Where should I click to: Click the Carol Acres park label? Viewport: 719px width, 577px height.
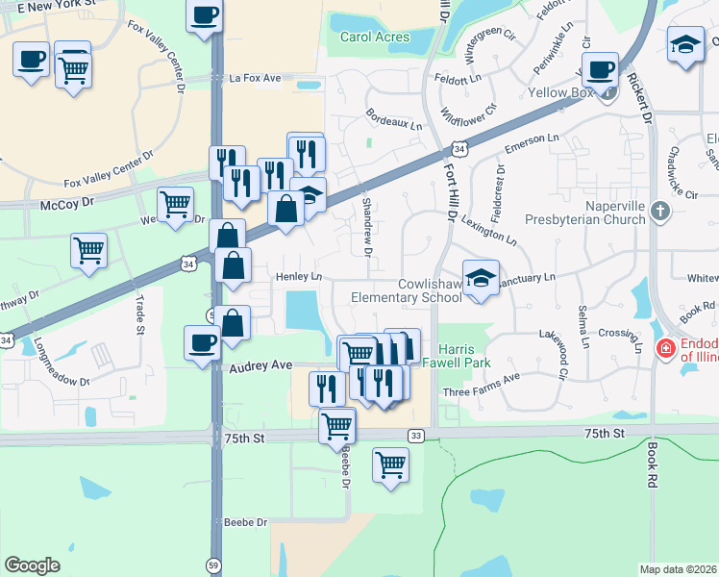(x=374, y=38)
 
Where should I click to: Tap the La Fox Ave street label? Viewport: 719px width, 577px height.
(x=255, y=77)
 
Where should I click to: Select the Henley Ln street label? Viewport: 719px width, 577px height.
(x=297, y=277)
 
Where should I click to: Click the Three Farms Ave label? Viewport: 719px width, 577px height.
(x=481, y=392)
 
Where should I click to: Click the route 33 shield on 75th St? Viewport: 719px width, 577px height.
(x=415, y=436)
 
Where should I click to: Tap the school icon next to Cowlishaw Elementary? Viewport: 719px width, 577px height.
(x=481, y=279)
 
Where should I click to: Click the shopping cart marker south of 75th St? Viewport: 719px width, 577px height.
(x=390, y=464)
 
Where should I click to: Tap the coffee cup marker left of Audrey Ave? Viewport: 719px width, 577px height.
(x=203, y=342)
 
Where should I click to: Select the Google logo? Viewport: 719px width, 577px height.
(x=32, y=565)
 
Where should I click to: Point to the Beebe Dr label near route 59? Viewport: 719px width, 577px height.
(x=244, y=522)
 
